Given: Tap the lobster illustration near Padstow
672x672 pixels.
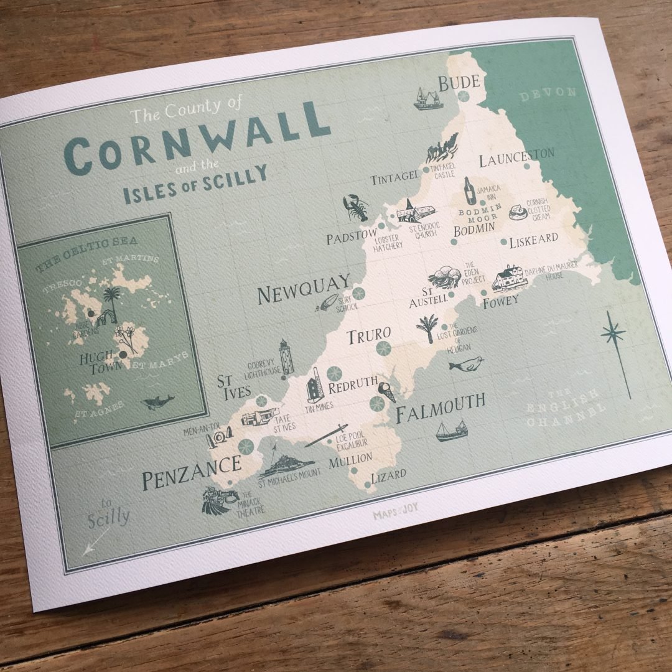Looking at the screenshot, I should coord(356,208).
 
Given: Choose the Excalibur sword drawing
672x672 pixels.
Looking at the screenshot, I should coord(326,436).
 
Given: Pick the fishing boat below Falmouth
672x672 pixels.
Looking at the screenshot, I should coord(451,431).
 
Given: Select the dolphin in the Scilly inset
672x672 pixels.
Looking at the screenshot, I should coord(157,401).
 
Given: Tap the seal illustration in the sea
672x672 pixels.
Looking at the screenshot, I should coord(466,364).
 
